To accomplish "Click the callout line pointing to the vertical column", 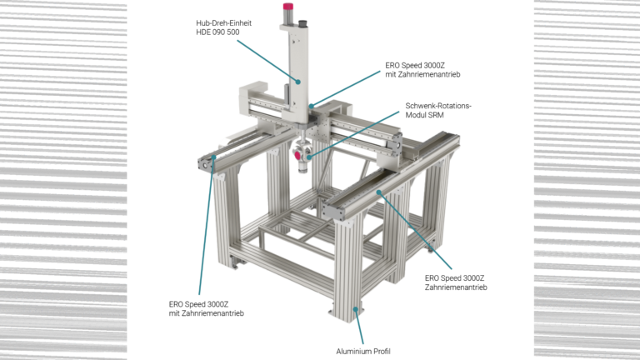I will click(267, 59).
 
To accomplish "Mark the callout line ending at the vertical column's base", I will click(346, 87).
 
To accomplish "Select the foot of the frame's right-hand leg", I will click(429, 247).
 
